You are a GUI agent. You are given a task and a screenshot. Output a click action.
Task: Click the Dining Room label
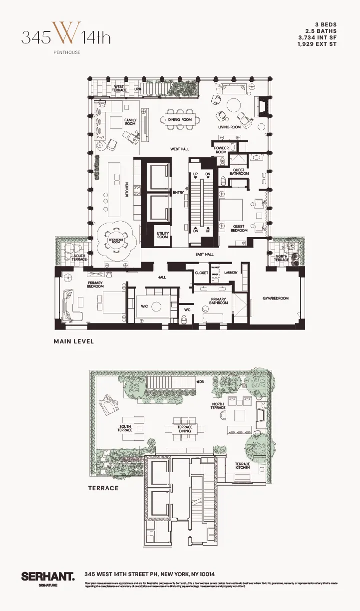coord(180,120)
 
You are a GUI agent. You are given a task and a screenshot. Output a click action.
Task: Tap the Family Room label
coord(130,122)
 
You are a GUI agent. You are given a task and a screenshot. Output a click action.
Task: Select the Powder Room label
coord(221,150)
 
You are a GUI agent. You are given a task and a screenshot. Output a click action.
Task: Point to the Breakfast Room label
coord(116,242)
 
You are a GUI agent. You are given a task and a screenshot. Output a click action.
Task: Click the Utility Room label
coord(163,235)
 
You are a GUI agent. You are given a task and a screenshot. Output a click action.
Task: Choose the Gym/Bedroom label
coord(276,299)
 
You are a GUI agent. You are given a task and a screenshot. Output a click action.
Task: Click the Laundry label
coord(231,272)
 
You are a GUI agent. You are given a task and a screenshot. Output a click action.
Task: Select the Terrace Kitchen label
coord(243,466)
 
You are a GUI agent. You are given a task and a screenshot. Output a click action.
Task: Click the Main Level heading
coord(74,342)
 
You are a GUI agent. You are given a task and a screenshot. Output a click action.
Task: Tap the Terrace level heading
coord(103,488)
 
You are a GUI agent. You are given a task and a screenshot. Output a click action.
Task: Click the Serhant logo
coord(48,577)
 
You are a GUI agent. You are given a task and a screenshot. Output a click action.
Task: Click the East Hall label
coord(204,255)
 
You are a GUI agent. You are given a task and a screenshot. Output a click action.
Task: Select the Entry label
coord(178,192)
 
